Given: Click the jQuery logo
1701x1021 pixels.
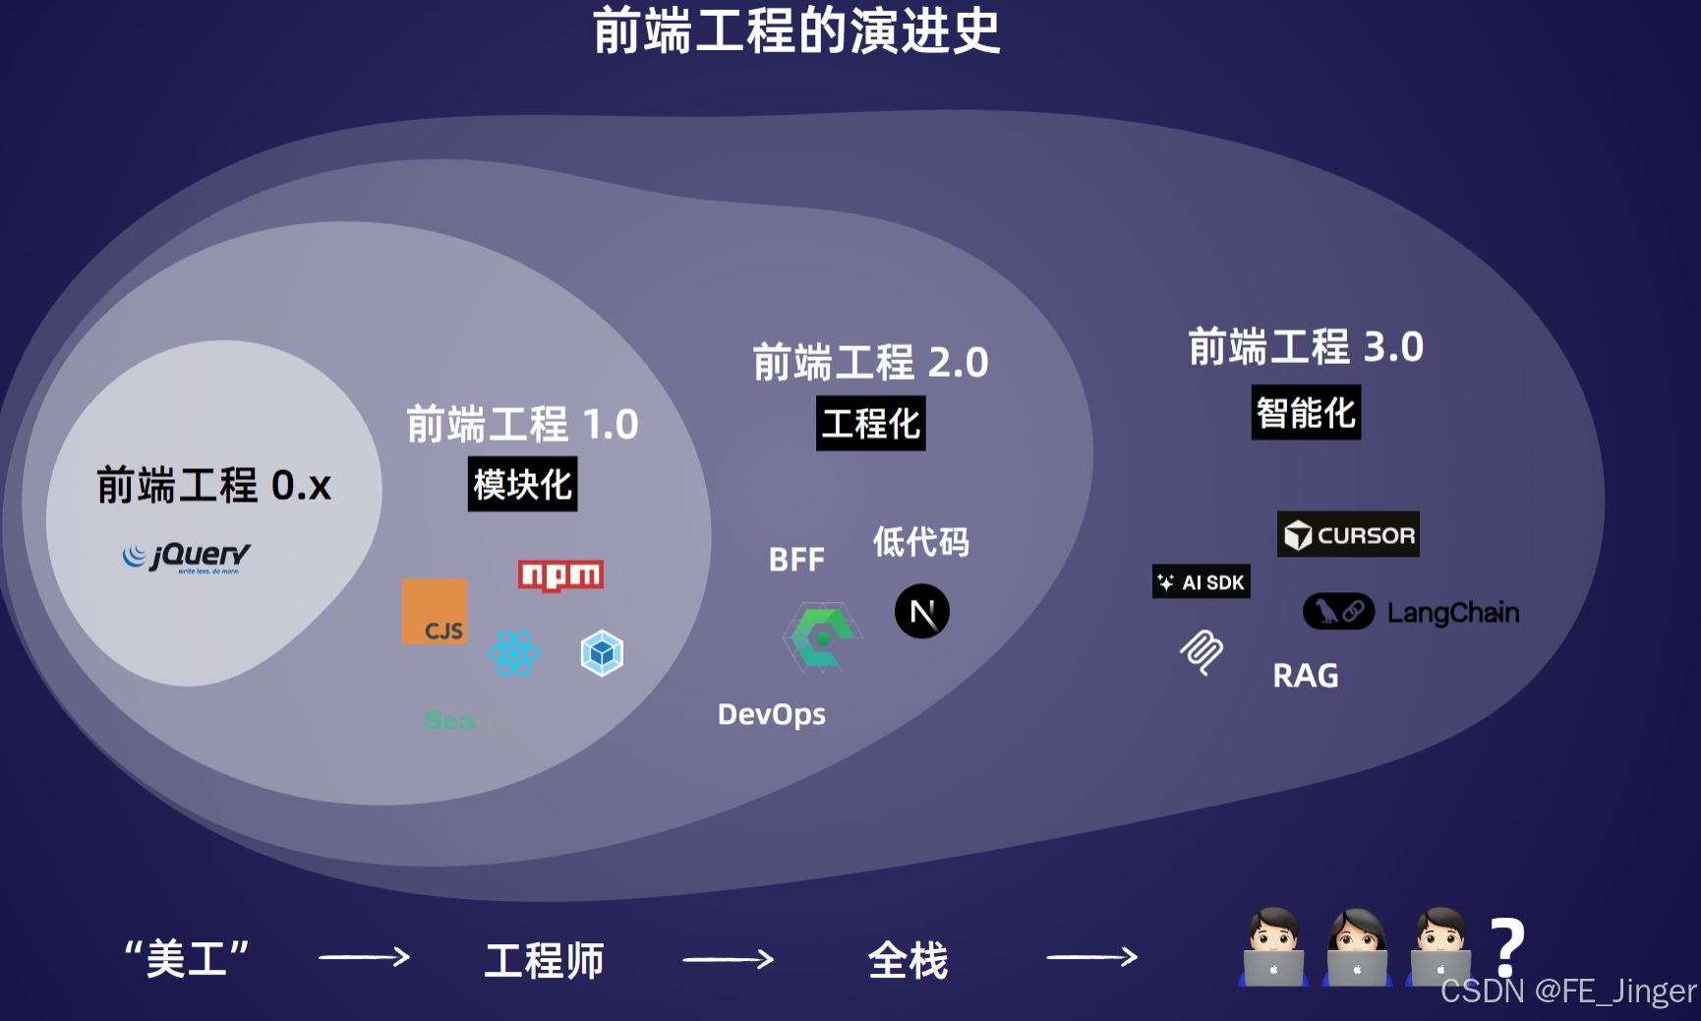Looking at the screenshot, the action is [x=187, y=557].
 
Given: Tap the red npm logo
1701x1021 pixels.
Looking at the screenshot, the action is [x=560, y=574].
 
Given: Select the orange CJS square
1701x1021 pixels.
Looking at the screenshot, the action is [x=435, y=612].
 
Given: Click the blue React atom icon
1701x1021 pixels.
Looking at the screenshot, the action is [x=514, y=653].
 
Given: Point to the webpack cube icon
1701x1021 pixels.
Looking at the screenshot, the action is [x=602, y=653].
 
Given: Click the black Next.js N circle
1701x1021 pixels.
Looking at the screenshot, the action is [x=922, y=612].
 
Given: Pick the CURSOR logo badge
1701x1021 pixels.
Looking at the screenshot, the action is [x=1348, y=534].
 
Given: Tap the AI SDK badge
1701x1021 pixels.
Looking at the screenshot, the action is [x=1201, y=581].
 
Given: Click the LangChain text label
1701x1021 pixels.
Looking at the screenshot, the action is [x=1453, y=613].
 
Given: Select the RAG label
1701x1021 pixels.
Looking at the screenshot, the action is [x=1306, y=676].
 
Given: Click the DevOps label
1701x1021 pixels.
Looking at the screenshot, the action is [x=772, y=714].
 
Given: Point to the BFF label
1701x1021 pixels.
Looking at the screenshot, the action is [x=796, y=560].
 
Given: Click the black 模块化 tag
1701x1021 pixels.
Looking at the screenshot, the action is [x=522, y=484].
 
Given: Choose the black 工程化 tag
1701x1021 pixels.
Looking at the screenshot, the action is [x=870, y=424].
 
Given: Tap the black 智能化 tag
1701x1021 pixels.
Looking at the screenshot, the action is [x=1306, y=412].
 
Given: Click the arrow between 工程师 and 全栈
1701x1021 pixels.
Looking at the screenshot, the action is [x=728, y=959].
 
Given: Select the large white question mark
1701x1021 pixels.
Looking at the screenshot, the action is [x=1506, y=946].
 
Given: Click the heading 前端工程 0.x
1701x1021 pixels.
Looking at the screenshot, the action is [x=214, y=486].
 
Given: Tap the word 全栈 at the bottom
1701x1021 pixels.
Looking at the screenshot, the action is [x=908, y=960].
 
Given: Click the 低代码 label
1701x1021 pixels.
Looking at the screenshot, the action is [x=921, y=541].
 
